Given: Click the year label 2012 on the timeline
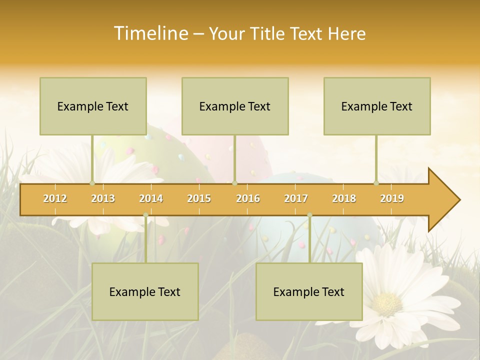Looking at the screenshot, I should click(55, 198).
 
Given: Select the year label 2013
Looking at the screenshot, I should click(103, 198).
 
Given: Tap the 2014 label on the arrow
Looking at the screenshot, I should click(151, 198).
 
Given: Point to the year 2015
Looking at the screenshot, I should click(199, 198).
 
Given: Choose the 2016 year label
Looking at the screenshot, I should click(248, 198).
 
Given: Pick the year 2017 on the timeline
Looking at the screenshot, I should click(296, 198).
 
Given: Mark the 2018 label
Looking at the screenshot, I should click(344, 198).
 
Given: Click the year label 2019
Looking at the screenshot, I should click(392, 198).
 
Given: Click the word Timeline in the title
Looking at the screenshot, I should click(150, 33).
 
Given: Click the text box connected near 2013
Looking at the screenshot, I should click(93, 106).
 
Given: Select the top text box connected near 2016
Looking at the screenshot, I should click(235, 106).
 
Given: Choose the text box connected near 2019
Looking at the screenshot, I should click(377, 106).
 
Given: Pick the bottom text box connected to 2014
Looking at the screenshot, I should click(145, 291).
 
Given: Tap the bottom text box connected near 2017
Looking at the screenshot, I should click(309, 291).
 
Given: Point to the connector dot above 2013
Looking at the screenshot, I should click(92, 183).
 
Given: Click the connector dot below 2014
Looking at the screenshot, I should click(145, 215).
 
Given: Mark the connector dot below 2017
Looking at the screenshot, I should click(309, 215).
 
